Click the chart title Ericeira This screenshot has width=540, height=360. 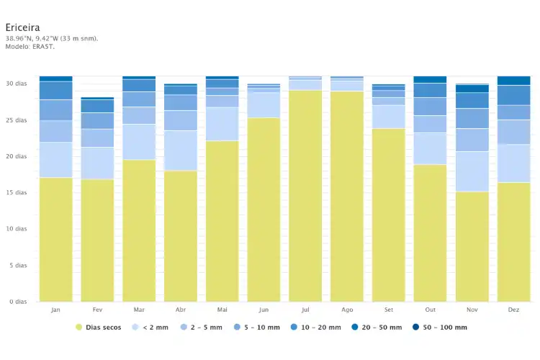click(x=22, y=27)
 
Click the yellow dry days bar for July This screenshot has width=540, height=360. click(x=305, y=196)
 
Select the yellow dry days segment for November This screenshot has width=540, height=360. click(x=472, y=247)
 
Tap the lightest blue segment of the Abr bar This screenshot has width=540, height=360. click(x=181, y=150)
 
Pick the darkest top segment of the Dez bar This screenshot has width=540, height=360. click(x=513, y=81)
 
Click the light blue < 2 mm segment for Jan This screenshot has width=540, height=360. click(x=55, y=160)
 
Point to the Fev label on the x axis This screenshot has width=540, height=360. click(x=97, y=310)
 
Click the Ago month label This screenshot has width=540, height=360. click(x=347, y=310)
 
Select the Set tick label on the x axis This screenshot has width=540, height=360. click(x=389, y=310)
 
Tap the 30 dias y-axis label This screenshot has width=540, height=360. click(x=16, y=84)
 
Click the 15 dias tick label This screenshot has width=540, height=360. click(x=16, y=192)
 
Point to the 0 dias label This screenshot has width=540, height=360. click(x=18, y=302)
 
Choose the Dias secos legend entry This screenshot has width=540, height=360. click(x=99, y=328)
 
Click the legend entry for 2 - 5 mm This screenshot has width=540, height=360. click(x=202, y=328)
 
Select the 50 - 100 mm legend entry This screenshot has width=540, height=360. click(x=440, y=328)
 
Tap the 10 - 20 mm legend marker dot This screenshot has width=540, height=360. click(x=294, y=327)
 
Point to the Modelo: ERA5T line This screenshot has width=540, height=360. click(x=30, y=47)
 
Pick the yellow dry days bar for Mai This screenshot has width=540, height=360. click(x=222, y=221)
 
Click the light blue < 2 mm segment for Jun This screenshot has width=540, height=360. click(x=264, y=105)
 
